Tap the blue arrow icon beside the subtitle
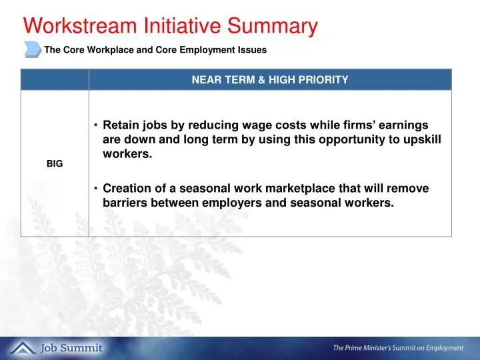32,49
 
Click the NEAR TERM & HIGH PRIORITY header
270,80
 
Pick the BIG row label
55,163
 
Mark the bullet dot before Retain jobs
96,125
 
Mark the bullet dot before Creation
96,189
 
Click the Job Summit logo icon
23,347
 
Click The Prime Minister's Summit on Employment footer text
399,347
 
